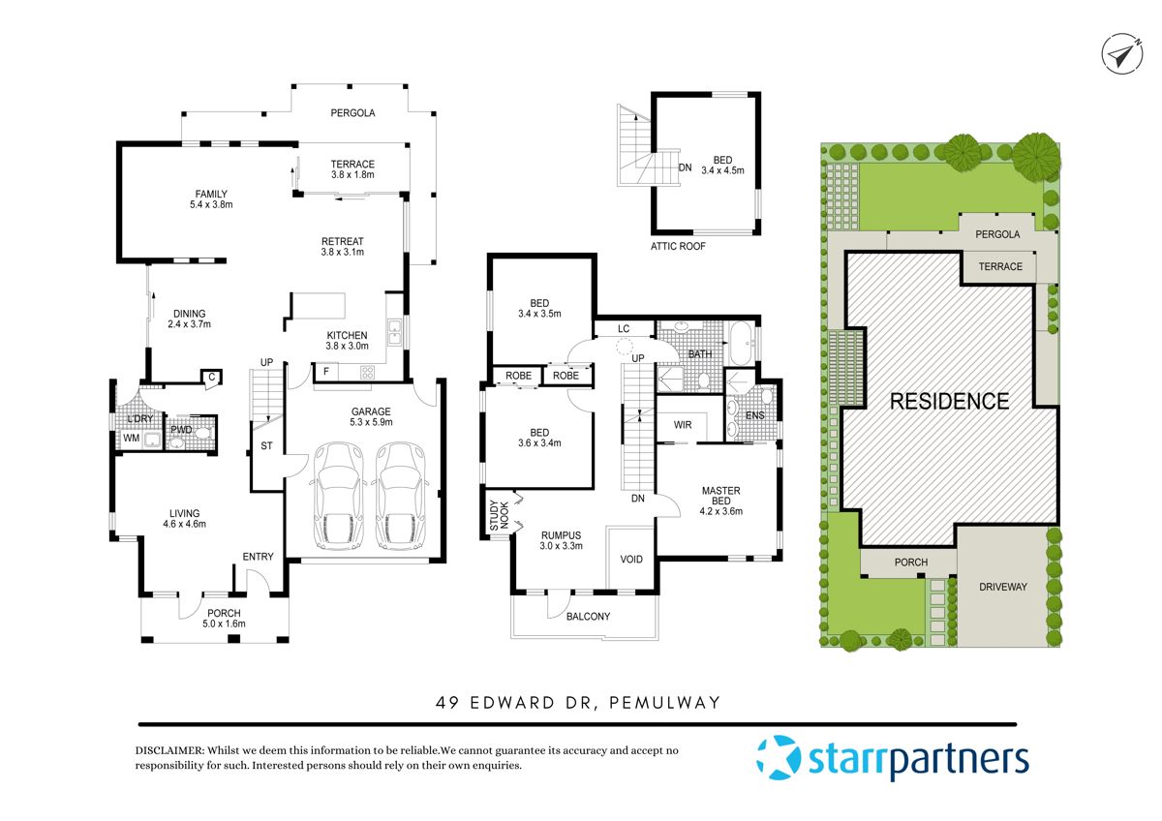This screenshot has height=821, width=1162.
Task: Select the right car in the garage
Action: (x=398, y=495)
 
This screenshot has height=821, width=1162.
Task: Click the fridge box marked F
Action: (x=324, y=371)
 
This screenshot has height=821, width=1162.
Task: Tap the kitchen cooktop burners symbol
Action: (x=367, y=372)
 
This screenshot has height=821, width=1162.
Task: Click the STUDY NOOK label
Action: (x=493, y=517)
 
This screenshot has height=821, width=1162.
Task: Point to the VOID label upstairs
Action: (x=630, y=560)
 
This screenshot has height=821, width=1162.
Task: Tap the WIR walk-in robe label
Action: (x=683, y=424)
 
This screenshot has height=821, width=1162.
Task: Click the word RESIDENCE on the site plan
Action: (x=949, y=401)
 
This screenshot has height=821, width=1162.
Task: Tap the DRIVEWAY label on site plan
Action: (x=1002, y=587)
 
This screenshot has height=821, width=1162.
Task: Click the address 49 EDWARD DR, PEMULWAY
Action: (x=578, y=703)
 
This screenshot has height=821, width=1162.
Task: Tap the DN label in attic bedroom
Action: (x=685, y=167)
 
